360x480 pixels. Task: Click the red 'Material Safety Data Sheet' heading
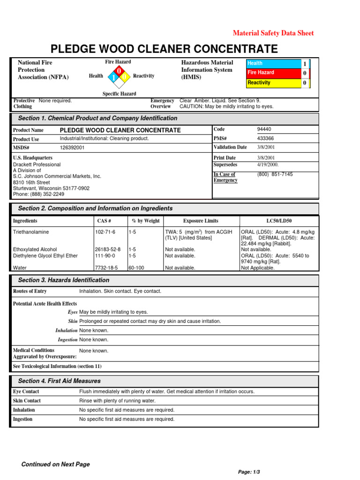point(273,33)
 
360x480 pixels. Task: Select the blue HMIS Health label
point(274,63)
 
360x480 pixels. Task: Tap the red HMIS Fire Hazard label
point(274,73)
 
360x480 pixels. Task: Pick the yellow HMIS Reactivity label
point(274,82)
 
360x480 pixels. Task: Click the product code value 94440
point(264,129)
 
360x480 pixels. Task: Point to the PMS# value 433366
point(266,138)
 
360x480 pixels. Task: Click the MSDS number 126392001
point(73,148)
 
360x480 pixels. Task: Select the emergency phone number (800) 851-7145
point(276,174)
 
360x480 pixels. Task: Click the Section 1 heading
point(97,118)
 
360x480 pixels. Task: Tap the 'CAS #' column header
point(104,221)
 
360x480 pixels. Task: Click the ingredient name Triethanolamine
point(30,232)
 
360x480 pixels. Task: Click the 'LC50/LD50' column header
point(279,221)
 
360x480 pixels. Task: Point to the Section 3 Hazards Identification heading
point(63,280)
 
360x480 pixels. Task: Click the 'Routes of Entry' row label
point(30,291)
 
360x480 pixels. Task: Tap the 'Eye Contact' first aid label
point(26,391)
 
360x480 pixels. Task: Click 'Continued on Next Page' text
point(55,464)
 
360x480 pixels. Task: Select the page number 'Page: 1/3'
point(249,472)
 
